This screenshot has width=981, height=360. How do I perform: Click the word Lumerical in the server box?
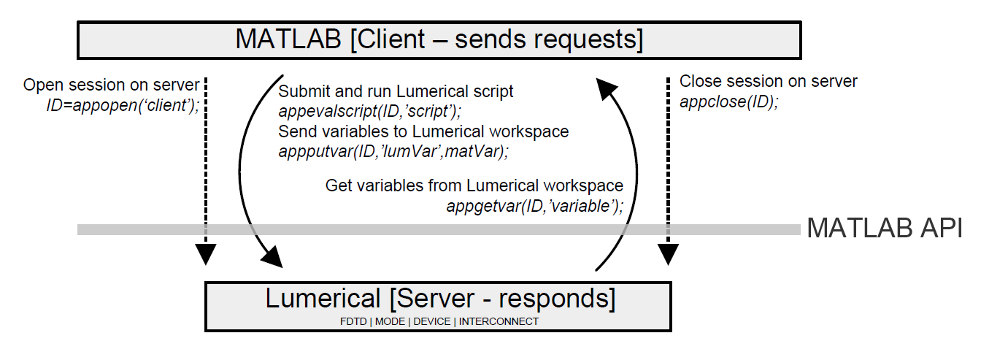[x=322, y=299]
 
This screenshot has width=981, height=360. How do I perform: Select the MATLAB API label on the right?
[x=884, y=229]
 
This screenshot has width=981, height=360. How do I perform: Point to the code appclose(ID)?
[x=728, y=102]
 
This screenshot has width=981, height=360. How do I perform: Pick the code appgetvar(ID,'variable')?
[x=535, y=206]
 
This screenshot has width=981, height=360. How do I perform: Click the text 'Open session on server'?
[x=112, y=85]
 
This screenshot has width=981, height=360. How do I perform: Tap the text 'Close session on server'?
[x=768, y=81]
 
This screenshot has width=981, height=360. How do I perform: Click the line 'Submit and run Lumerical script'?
[x=396, y=92]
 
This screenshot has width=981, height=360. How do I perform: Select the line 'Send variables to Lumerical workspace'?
[x=423, y=132]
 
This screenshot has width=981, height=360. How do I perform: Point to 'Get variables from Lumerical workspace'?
[x=474, y=185]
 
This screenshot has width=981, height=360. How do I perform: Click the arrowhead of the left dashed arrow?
[x=206, y=253]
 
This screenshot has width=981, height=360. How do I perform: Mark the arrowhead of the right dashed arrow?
[x=667, y=253]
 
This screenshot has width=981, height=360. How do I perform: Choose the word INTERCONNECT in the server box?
[x=499, y=321]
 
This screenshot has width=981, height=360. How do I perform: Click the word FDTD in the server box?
[x=353, y=321]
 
